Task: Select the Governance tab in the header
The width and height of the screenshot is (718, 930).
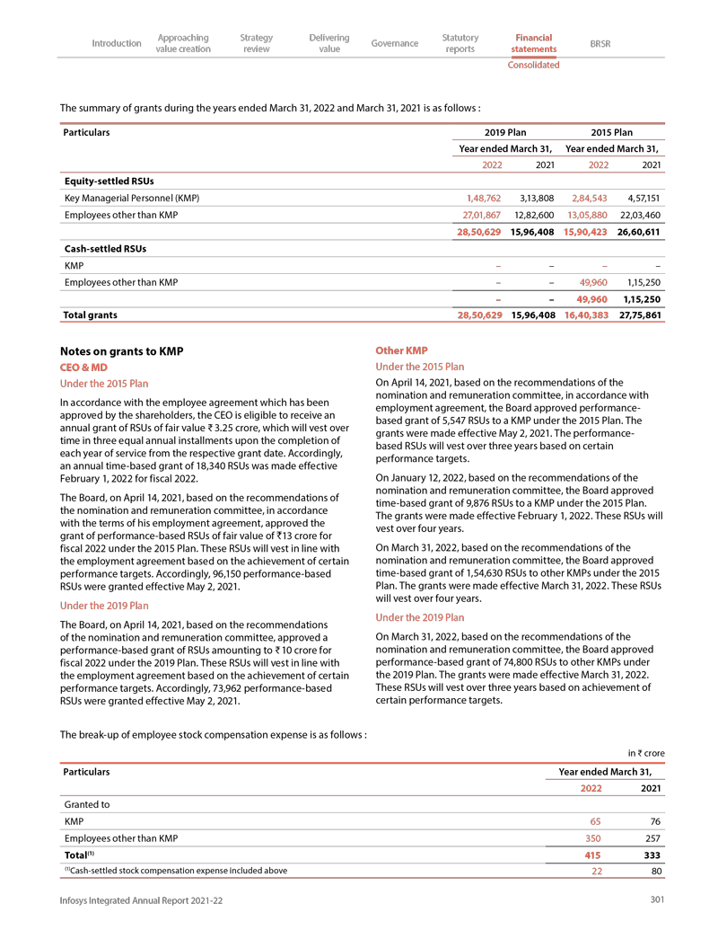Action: (x=395, y=43)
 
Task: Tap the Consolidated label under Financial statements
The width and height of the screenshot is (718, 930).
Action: (x=533, y=65)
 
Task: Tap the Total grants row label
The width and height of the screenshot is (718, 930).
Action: (x=90, y=315)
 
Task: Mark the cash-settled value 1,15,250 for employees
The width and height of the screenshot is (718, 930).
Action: (x=644, y=282)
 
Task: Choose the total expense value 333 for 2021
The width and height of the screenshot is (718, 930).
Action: (x=652, y=855)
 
